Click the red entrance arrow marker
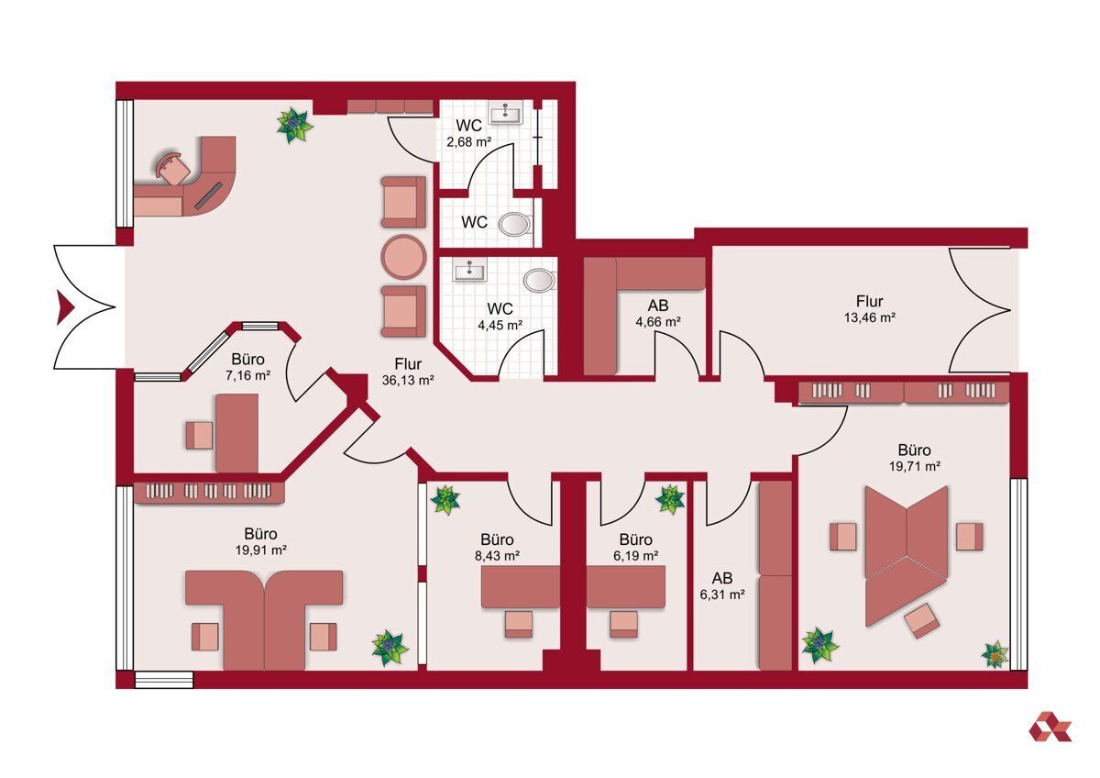pyautogui.click(x=65, y=307)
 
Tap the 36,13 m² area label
pyautogui.click(x=408, y=380)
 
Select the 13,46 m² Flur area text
pyautogui.click(x=869, y=317)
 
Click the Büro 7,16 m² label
pyautogui.click(x=248, y=367)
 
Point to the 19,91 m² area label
pyautogui.click(x=260, y=550)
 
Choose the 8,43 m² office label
pyautogui.click(x=497, y=555)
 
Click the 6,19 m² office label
pyautogui.click(x=635, y=555)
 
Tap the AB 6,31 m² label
pyautogui.click(x=722, y=586)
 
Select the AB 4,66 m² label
pyautogui.click(x=658, y=314)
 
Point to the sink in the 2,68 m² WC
pyautogui.click(x=506, y=114)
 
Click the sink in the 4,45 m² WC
pyautogui.click(x=470, y=271)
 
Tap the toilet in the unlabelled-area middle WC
pyautogui.click(x=514, y=225)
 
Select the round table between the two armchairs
pyautogui.click(x=403, y=257)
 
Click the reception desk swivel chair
pyautogui.click(x=172, y=169)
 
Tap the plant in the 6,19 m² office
pyautogui.click(x=670, y=499)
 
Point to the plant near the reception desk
pyautogui.click(x=294, y=126)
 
